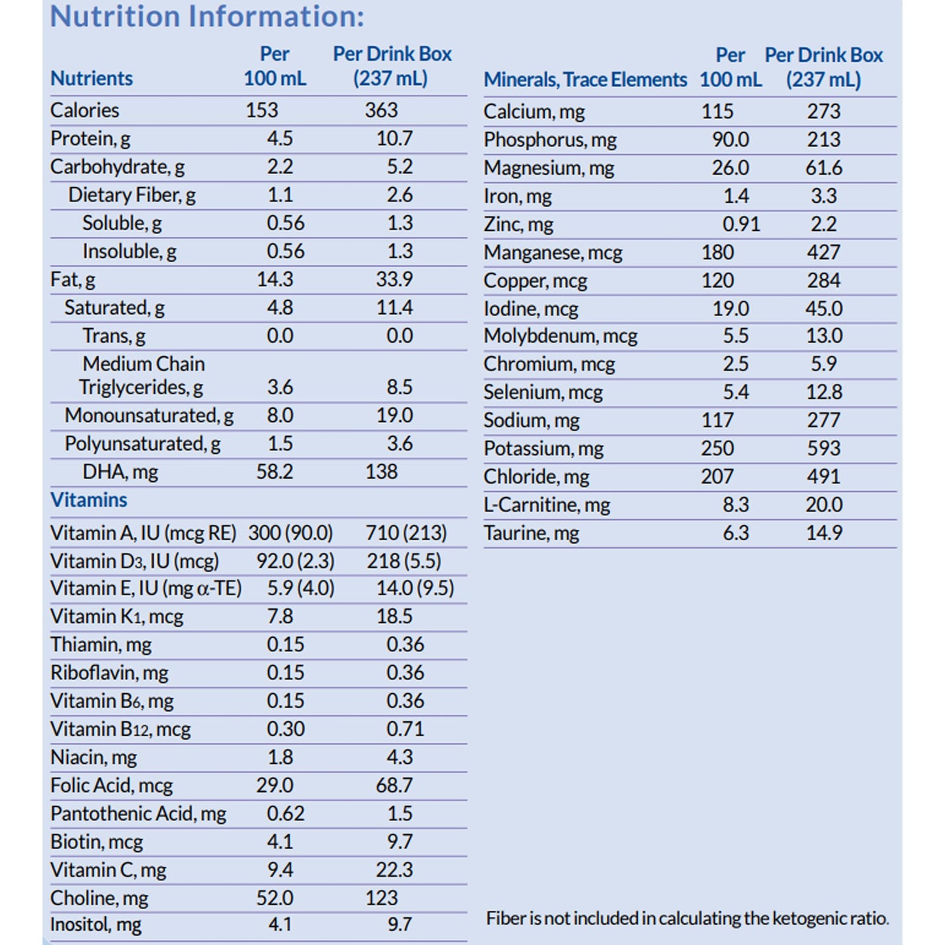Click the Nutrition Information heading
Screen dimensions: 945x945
pos(207,16)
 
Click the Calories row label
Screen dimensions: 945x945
pos(85,111)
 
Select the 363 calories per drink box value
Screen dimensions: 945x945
pos(381,111)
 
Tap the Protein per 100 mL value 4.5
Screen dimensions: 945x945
pos(280,139)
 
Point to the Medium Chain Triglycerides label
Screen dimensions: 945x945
pos(142,376)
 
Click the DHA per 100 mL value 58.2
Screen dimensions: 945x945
pos(275,472)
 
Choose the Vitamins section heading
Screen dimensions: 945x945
pos(89,500)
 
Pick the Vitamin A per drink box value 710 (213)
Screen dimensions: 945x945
pos(406,534)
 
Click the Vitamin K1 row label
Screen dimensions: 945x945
pos(117,617)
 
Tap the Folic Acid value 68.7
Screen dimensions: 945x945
pos(394,785)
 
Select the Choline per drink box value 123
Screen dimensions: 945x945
pos(381,898)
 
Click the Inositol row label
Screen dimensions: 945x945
pos(96,925)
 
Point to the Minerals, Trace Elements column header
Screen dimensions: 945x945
pos(585,80)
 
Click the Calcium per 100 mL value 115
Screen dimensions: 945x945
pos(717,112)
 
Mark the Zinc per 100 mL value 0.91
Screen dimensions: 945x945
pos(741,224)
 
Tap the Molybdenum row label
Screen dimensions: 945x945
pos(560,336)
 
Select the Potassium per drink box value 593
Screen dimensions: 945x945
pos(823,449)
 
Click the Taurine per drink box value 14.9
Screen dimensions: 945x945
pos(824,533)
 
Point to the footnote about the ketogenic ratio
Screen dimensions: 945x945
pos(687,919)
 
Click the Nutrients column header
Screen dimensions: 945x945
pos(92,78)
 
